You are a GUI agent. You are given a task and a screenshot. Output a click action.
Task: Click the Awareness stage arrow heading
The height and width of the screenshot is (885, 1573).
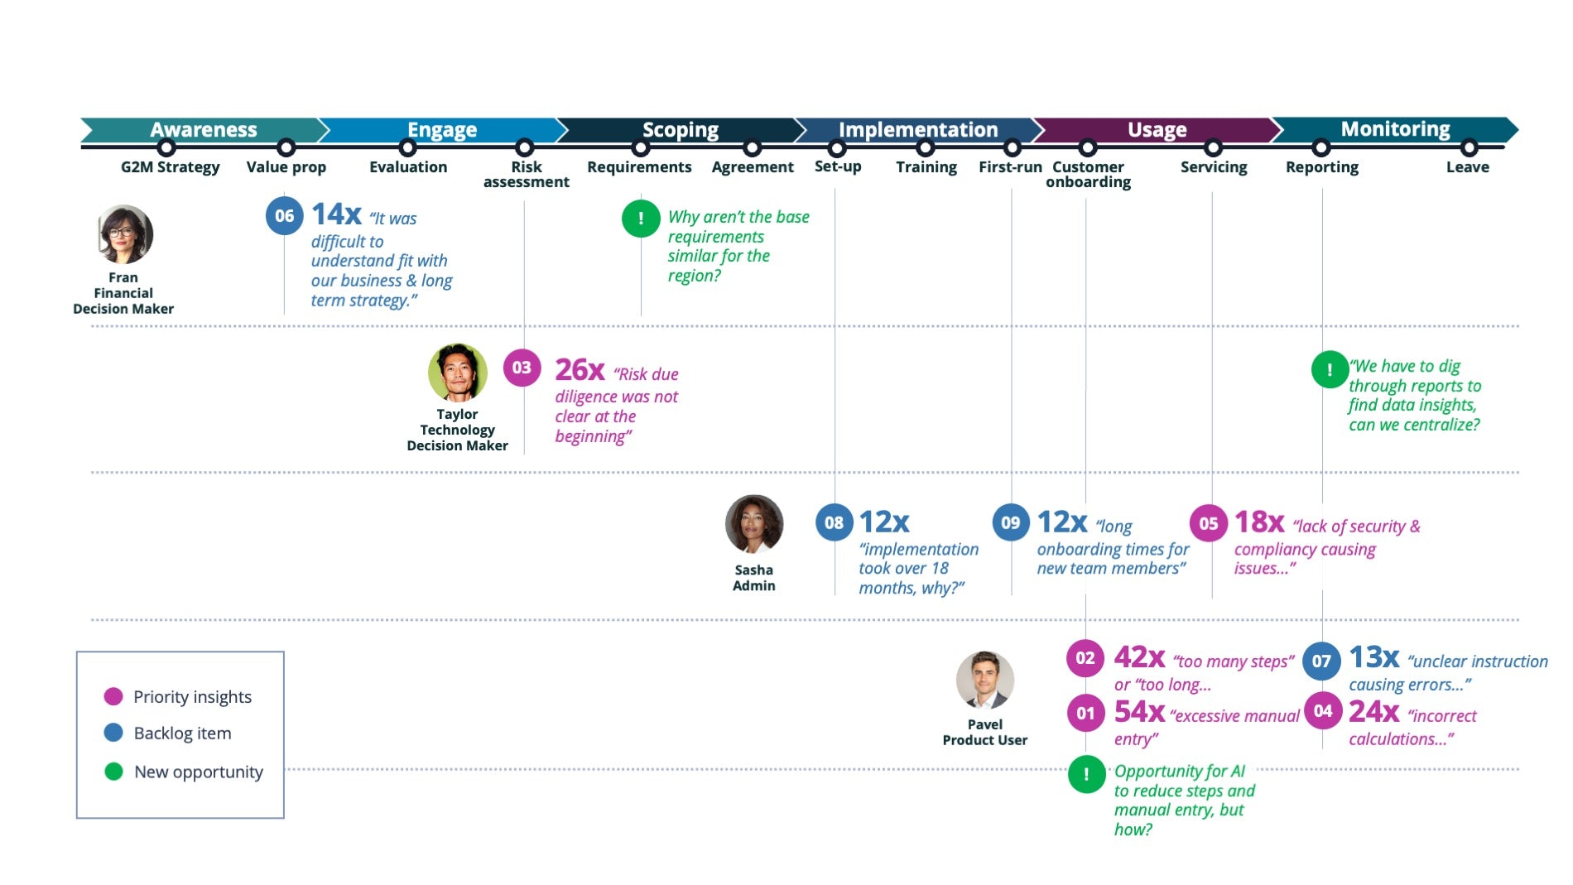(203, 130)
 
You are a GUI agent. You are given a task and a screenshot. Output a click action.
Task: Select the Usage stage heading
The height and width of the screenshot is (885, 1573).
(1157, 130)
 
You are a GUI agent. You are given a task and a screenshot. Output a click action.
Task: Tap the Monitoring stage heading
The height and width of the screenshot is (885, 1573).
(1395, 129)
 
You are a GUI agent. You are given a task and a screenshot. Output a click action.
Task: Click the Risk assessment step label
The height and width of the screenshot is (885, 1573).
(526, 174)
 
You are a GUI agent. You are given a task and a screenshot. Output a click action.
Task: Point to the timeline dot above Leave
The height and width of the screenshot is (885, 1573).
(1469, 148)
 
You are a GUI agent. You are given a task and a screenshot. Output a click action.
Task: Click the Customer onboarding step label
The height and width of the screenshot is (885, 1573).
(1088, 174)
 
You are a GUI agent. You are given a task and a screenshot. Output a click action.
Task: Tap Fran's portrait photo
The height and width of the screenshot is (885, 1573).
(124, 235)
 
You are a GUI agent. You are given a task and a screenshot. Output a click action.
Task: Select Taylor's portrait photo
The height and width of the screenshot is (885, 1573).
(458, 373)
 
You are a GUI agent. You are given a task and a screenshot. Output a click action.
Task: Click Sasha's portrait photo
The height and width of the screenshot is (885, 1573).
(753, 524)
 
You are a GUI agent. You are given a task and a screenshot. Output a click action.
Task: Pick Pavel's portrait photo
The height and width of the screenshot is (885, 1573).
(984, 680)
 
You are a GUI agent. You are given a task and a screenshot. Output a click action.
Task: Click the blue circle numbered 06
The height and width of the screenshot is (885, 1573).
(284, 216)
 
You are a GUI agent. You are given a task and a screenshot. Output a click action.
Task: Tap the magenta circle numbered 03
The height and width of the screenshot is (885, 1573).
(522, 368)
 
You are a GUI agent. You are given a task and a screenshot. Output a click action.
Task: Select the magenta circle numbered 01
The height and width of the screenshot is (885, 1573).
(1085, 713)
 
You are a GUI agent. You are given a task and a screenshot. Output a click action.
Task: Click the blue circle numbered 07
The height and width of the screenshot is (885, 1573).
(1321, 661)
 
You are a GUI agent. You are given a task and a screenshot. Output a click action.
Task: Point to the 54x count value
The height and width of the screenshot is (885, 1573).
(1139, 712)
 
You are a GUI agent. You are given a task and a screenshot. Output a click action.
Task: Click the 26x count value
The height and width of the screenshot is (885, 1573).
(580, 369)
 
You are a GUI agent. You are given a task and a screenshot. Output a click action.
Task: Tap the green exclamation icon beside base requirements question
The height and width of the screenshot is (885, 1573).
(641, 219)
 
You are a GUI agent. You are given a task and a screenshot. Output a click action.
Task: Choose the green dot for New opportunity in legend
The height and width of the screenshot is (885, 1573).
(113, 772)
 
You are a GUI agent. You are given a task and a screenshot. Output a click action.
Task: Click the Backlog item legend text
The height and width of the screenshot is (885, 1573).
(182, 733)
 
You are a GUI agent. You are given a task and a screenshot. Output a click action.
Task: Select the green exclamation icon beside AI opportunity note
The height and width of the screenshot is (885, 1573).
(1086, 774)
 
